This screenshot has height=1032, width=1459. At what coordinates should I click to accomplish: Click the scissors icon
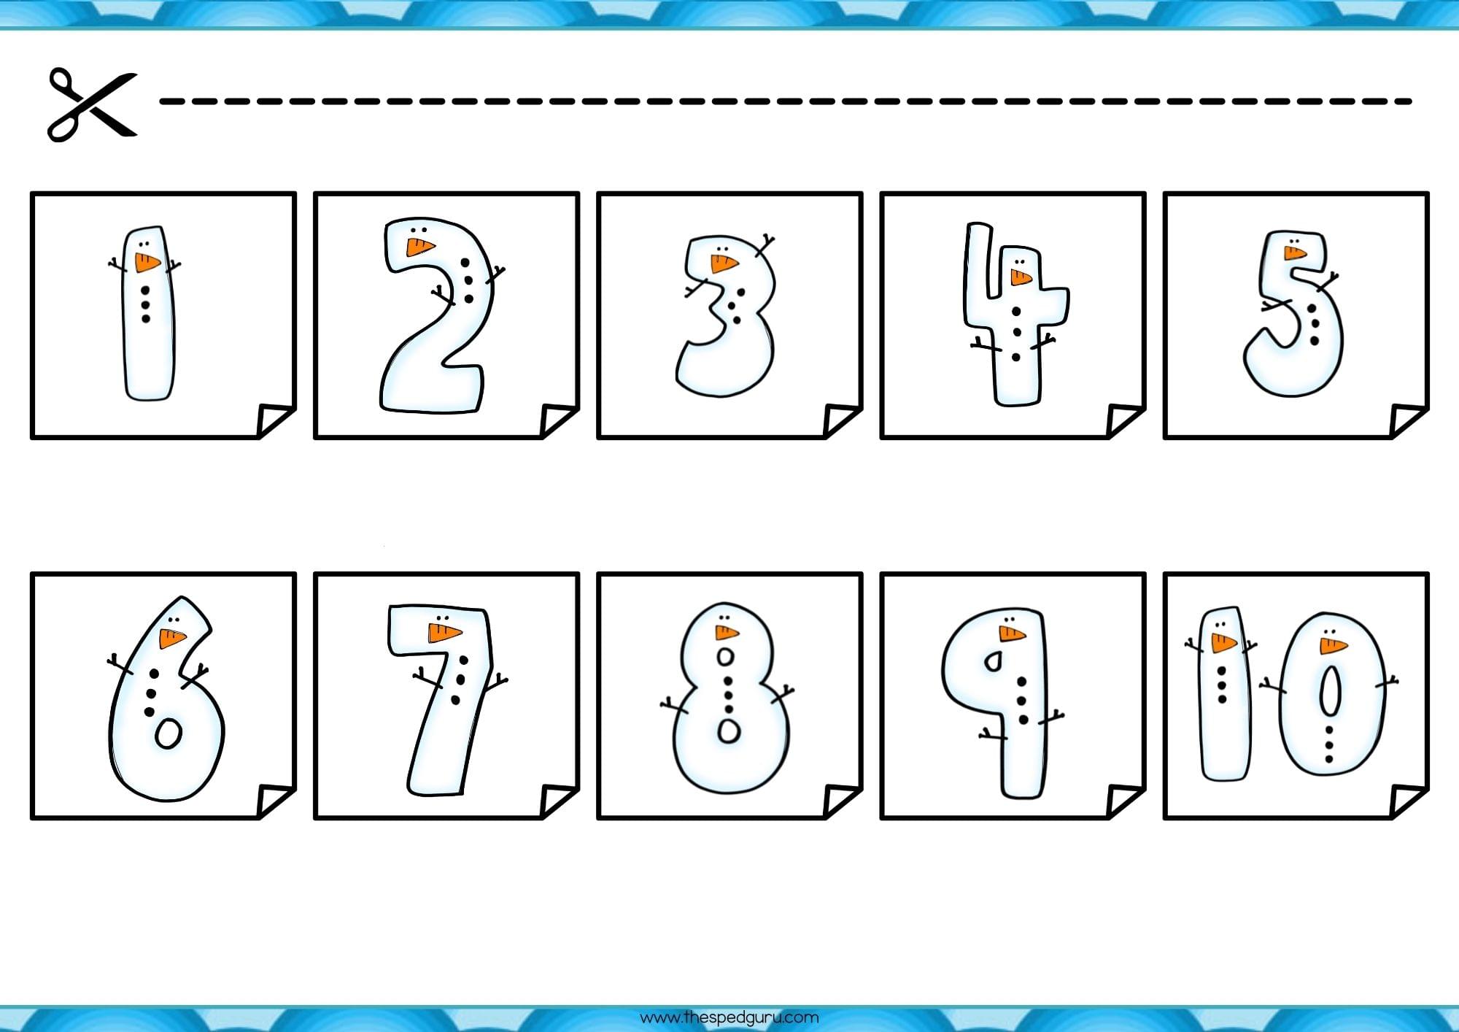pyautogui.click(x=92, y=104)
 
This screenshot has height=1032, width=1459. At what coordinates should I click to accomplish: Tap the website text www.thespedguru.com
pyautogui.click(x=729, y=1017)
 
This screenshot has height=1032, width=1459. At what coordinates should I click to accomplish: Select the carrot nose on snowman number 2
pyautogui.click(x=421, y=247)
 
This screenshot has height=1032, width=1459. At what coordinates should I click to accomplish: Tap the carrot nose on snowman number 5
pyautogui.click(x=1295, y=253)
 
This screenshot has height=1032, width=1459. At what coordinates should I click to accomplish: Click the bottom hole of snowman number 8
pyautogui.click(x=729, y=731)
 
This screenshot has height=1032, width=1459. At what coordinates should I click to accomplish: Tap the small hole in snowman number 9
pyautogui.click(x=993, y=661)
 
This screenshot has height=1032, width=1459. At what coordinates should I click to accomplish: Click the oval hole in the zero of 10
pyautogui.click(x=1329, y=692)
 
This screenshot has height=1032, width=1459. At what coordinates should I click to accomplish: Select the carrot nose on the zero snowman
pyautogui.click(x=1333, y=645)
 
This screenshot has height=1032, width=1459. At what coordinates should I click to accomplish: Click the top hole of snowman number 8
pyautogui.click(x=725, y=656)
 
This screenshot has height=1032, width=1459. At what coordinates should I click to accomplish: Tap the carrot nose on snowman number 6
pyautogui.click(x=172, y=638)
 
